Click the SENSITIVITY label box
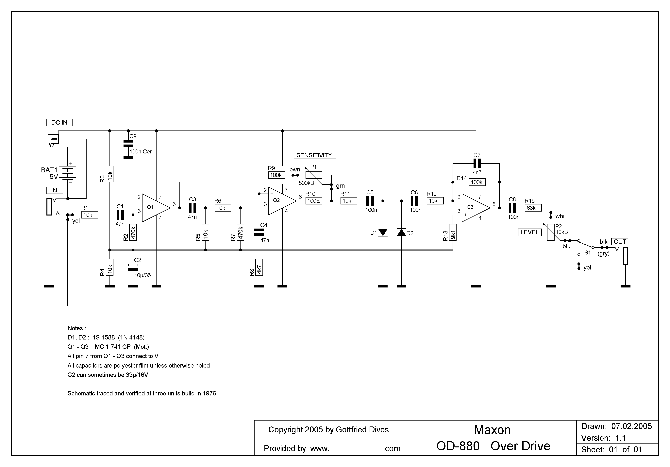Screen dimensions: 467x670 pos(315,155)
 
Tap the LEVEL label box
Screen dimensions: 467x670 pos(530,232)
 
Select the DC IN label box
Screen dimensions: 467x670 pos(59,123)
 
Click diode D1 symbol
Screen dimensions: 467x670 pos(383,232)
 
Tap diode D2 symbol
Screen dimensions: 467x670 pos(402,232)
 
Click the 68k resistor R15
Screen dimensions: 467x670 pos(533,208)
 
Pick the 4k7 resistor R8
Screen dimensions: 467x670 pos(259,267)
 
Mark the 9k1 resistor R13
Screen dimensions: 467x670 pos(453,232)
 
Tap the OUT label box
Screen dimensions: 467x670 pos(620,242)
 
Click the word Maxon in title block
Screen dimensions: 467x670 pos(492,430)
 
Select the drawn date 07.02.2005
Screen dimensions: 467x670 pos(631,426)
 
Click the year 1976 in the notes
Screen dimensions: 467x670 pos(209,393)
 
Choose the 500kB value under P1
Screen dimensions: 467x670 pos(306,183)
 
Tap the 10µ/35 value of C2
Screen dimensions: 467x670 pos(142,275)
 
